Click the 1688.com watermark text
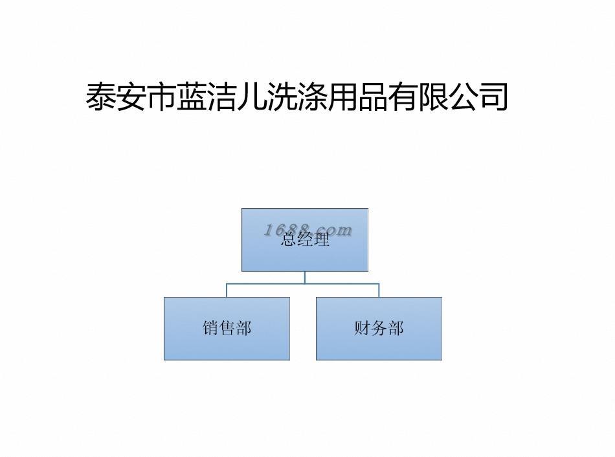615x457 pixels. [308, 229]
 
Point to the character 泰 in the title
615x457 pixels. [101, 97]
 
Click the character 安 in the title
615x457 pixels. [131, 97]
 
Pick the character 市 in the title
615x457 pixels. [162, 97]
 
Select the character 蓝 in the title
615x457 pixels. [192, 97]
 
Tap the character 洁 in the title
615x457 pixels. [222, 97]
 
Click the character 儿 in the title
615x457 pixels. [252, 97]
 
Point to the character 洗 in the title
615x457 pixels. [282, 97]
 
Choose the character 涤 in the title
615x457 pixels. [313, 97]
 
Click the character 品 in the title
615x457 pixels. [373, 97]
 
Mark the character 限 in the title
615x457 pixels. [433, 97]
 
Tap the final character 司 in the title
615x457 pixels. [493, 97]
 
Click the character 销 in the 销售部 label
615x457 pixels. [210, 328]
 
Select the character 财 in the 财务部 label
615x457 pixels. [362, 328]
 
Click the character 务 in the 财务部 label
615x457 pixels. [379, 328]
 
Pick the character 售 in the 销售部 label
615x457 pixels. [227, 328]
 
